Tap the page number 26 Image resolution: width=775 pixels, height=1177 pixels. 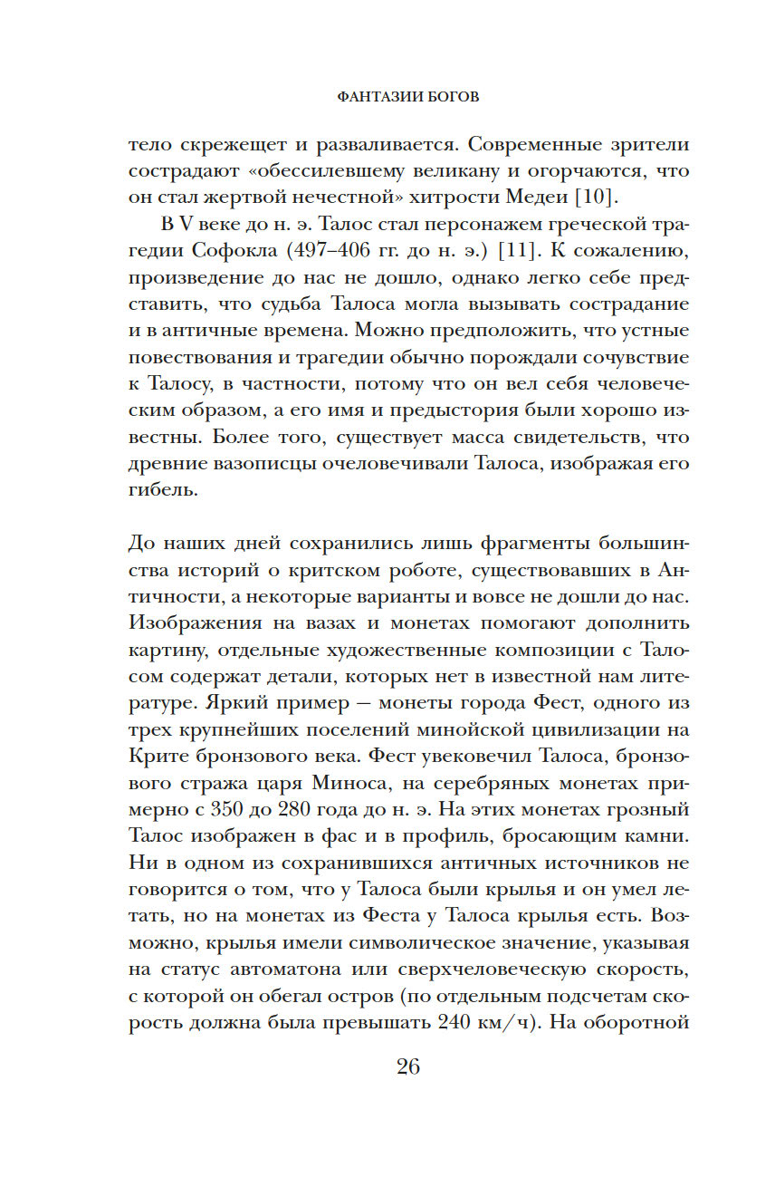pos(407,1066)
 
